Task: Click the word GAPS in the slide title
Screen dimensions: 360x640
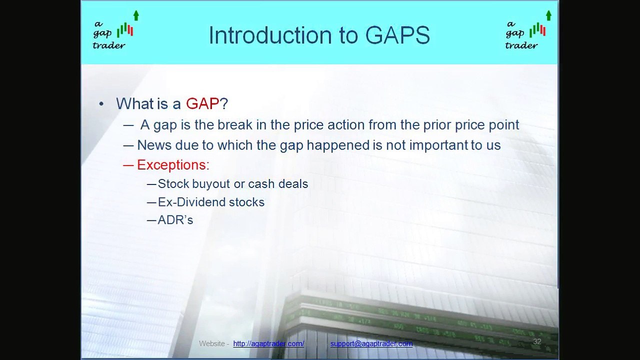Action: coord(397,35)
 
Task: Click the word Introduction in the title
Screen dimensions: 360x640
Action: coord(279,35)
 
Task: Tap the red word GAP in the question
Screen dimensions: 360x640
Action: coord(202,103)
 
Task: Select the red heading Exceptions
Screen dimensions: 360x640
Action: coord(172,164)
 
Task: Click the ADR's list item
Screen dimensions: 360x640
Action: coord(175,220)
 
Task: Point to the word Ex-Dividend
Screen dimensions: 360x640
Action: coord(184,202)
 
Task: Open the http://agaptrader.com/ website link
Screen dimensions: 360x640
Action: coord(268,343)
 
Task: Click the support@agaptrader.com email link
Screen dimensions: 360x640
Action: coord(371,343)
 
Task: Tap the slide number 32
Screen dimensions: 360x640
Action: coord(537,341)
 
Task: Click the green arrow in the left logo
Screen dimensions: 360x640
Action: coord(136,15)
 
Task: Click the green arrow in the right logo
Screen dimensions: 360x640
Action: coord(548,15)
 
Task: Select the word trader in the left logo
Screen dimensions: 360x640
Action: coord(108,45)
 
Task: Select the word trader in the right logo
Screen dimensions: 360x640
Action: coord(521,45)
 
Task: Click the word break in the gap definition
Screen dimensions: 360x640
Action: coord(235,124)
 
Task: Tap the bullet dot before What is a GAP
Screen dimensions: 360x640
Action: coord(102,104)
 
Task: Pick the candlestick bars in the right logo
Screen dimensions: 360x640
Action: coord(537,30)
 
